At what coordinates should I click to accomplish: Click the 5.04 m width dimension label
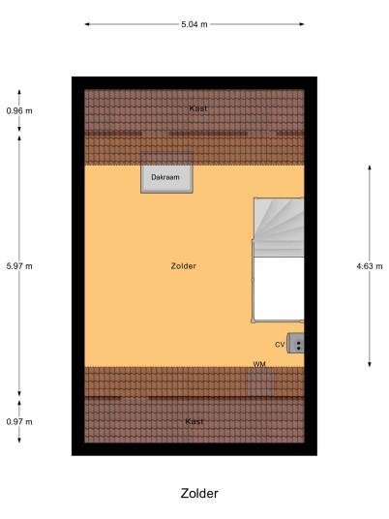(x=194, y=24)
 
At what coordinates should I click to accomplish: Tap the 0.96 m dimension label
(x=19, y=111)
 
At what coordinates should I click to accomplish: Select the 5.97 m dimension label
(x=19, y=266)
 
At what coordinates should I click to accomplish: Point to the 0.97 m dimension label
(x=19, y=422)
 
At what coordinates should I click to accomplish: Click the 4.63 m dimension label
(x=370, y=266)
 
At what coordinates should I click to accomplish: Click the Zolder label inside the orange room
(x=184, y=266)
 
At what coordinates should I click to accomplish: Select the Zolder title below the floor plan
(x=199, y=493)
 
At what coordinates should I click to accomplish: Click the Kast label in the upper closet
(x=198, y=108)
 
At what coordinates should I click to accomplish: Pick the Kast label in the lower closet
(x=194, y=421)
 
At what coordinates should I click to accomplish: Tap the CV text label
(x=280, y=345)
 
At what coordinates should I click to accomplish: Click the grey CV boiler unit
(x=295, y=343)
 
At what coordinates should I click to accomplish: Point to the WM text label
(x=259, y=364)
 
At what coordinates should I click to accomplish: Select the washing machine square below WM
(x=261, y=382)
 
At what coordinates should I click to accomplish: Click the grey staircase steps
(x=279, y=228)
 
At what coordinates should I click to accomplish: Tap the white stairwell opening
(x=279, y=289)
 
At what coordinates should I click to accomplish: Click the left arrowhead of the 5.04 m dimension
(x=87, y=24)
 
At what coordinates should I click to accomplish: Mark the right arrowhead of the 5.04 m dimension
(x=301, y=24)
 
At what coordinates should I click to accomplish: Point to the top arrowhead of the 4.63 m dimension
(x=370, y=168)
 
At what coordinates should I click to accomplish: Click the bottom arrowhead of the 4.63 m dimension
(x=370, y=364)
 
